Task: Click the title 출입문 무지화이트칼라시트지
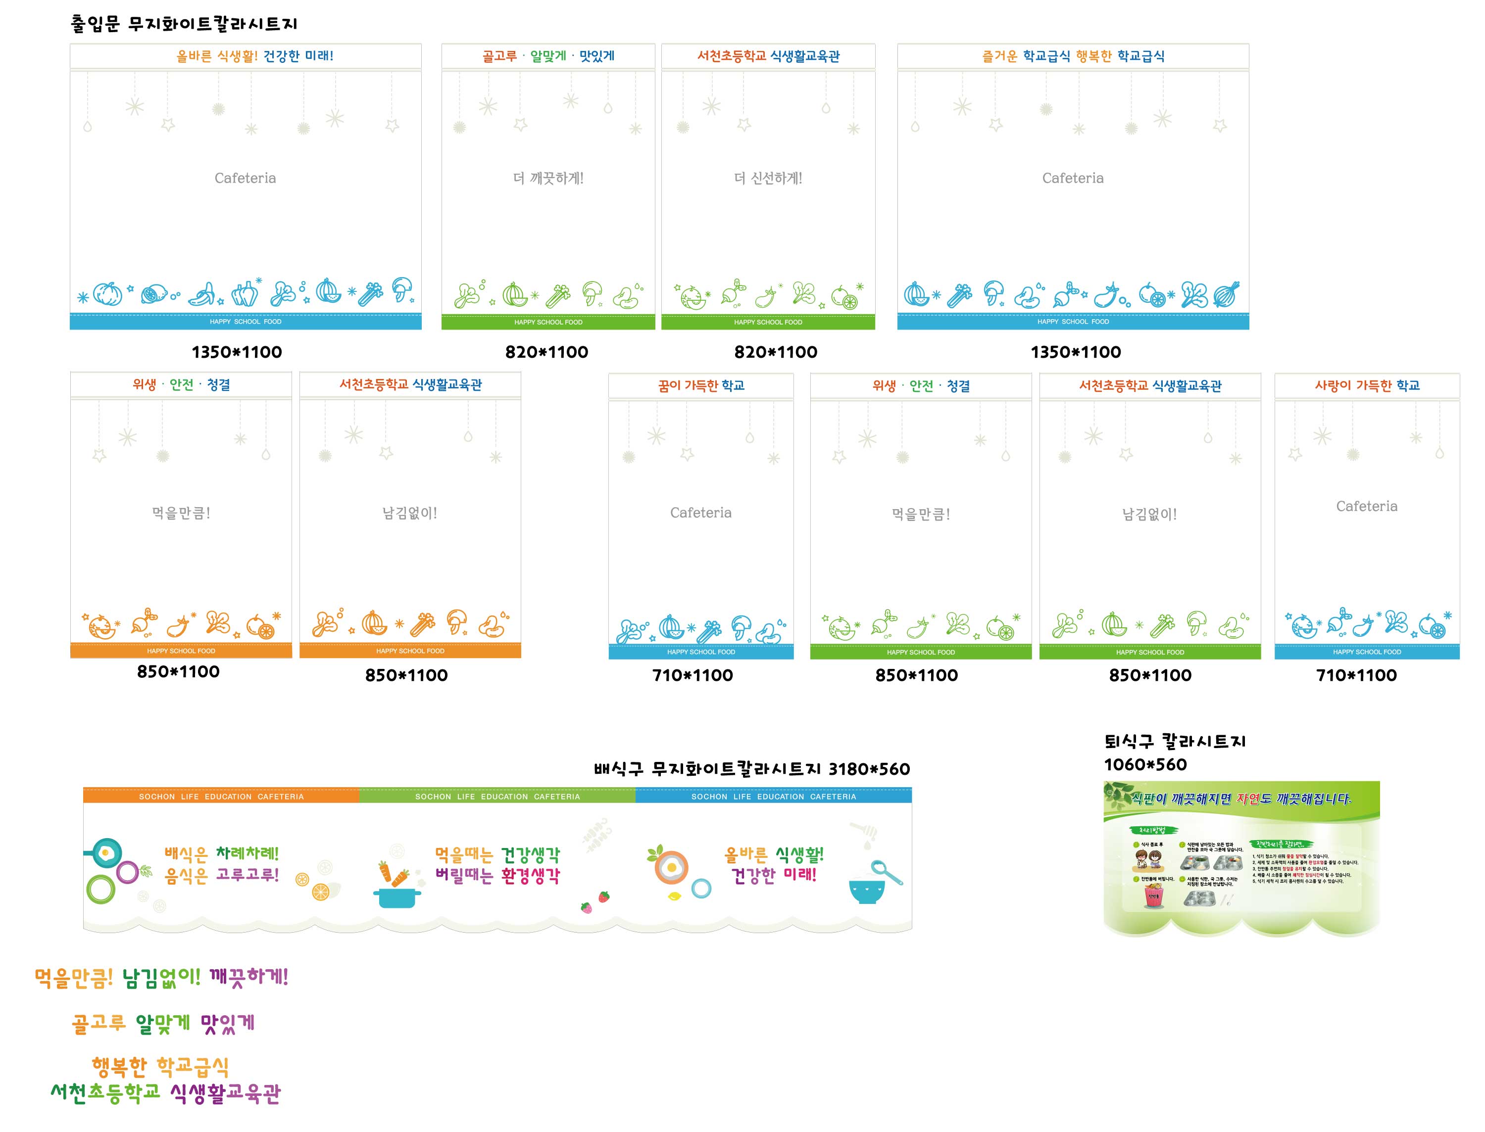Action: coord(183,24)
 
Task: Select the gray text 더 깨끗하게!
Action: coord(547,179)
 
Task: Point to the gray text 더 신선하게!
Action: coord(768,179)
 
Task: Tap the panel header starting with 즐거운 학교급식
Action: coord(1073,56)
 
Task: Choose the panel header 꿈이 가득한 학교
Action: coord(700,385)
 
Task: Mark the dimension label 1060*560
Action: coord(1144,765)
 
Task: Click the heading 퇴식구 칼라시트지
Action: coord(1174,742)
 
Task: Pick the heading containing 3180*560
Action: coord(751,769)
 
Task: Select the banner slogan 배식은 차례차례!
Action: coord(221,854)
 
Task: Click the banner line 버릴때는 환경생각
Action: coord(497,876)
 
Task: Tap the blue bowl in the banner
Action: coord(866,891)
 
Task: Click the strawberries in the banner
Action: coord(594,902)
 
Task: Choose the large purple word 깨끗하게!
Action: coord(248,977)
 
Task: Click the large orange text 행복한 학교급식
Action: coord(160,1067)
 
